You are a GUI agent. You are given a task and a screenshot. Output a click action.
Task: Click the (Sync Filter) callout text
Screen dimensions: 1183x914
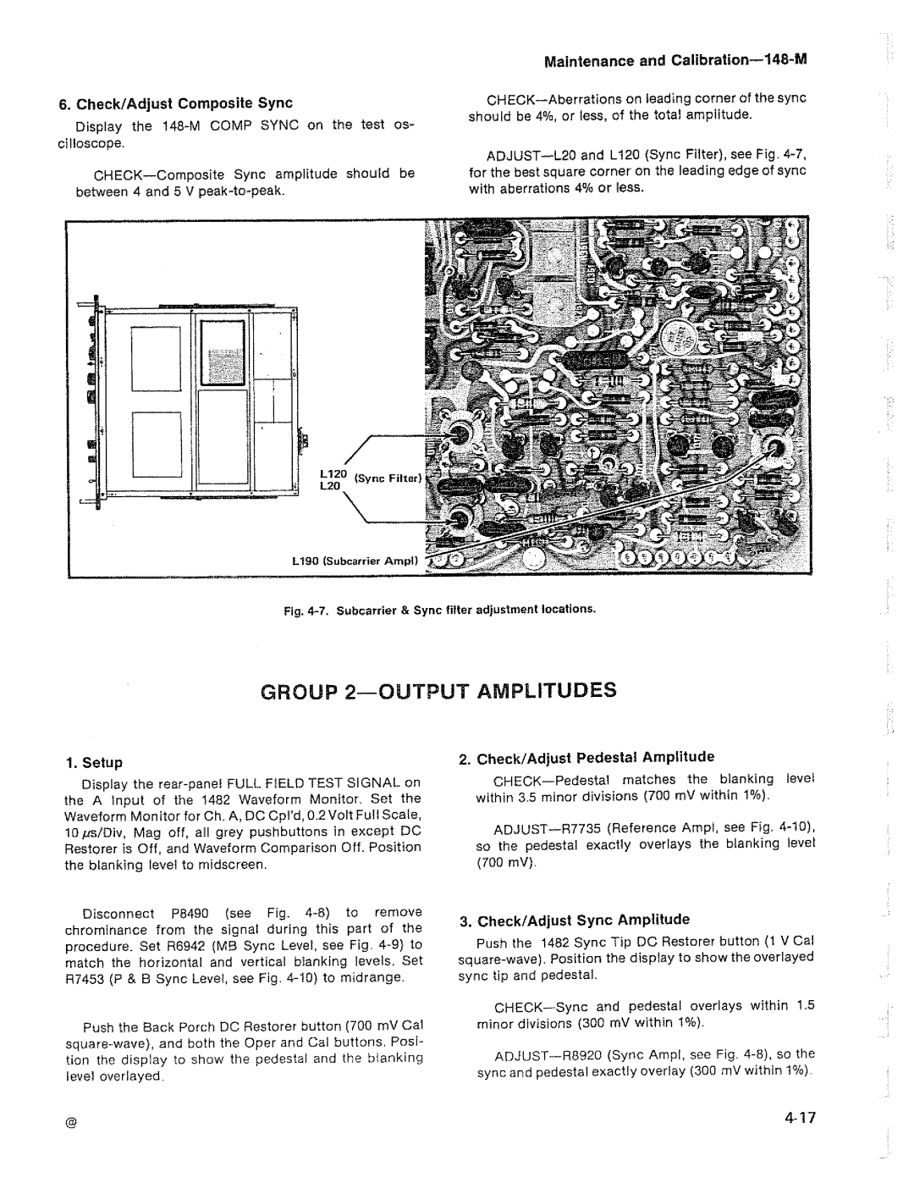[x=382, y=478]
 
